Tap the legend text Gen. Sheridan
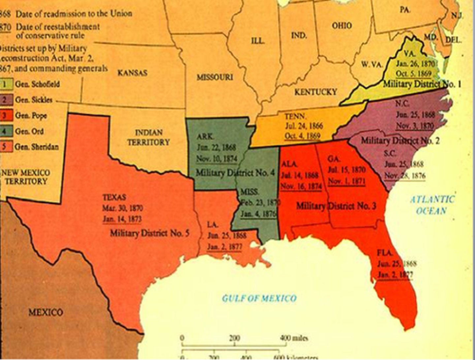[x=37, y=147]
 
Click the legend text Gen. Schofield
[x=37, y=84]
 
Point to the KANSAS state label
[x=132, y=73]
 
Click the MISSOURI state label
[x=215, y=77]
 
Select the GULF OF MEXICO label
[x=259, y=298]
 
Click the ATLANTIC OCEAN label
[x=432, y=205]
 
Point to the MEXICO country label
[x=46, y=312]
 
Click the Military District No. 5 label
[x=149, y=233]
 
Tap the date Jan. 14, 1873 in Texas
[x=122, y=219]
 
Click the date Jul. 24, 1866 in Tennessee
[x=304, y=126]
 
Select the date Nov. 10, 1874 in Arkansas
[x=216, y=159]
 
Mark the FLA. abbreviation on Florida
[x=385, y=253]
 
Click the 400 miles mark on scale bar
[x=294, y=338]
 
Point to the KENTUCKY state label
[x=316, y=92]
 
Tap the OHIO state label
[x=341, y=25]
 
